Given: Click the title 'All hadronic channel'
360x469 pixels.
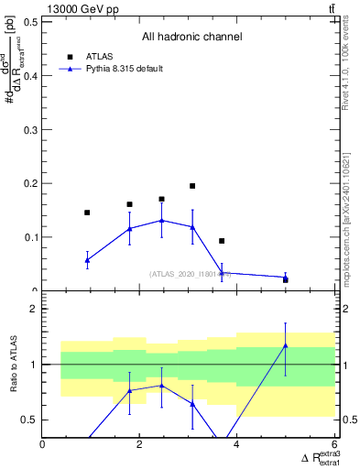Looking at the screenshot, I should [x=191, y=38].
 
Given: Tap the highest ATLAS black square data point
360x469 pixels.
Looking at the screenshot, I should [x=192, y=186].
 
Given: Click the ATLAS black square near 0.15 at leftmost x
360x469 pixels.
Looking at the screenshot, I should [x=87, y=213].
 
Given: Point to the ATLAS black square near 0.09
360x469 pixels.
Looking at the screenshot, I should [x=222, y=241].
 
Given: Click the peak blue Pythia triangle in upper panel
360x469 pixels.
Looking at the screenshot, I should [x=162, y=220].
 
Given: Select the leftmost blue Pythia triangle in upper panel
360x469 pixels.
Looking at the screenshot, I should [x=87, y=260].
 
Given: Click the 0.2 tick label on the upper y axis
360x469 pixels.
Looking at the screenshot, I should [x=29, y=183].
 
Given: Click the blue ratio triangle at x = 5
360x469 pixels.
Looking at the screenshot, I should [x=286, y=345].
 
